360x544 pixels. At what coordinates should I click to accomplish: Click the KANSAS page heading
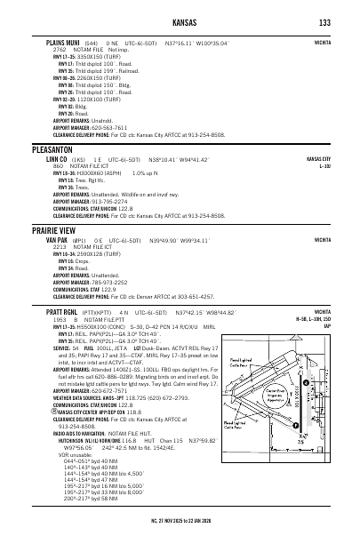tap(178, 21)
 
